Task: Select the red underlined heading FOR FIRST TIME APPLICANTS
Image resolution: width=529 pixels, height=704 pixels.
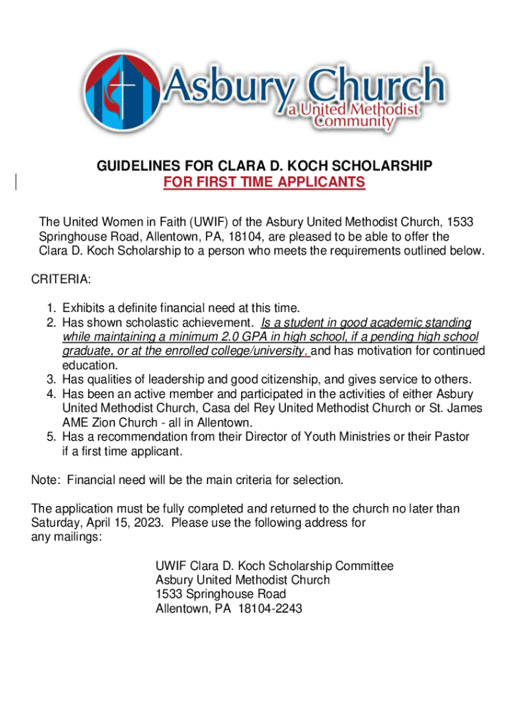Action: pyautogui.click(x=264, y=182)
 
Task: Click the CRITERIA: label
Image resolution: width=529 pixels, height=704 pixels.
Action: pyautogui.click(x=61, y=280)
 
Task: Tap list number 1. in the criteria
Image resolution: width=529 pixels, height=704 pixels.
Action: pyautogui.click(x=52, y=308)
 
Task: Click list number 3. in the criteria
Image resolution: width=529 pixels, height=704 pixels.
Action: pyautogui.click(x=52, y=379)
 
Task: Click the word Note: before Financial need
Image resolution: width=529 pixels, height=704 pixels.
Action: pyautogui.click(x=46, y=480)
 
